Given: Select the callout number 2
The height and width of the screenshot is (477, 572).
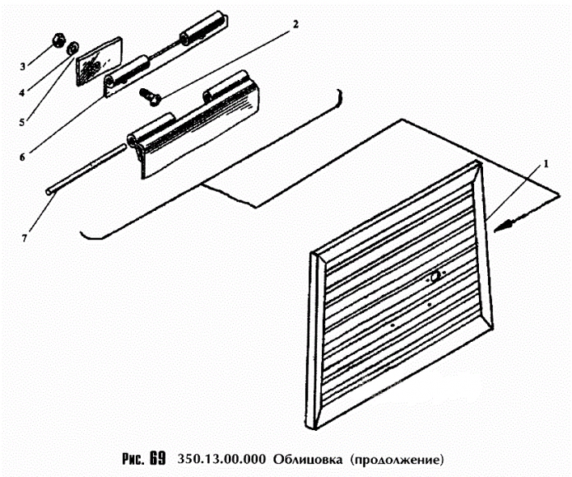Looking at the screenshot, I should point(293,23).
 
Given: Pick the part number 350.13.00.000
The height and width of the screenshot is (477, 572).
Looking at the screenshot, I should point(221,457).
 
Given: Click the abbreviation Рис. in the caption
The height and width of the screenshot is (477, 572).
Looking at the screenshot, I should point(133,457).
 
